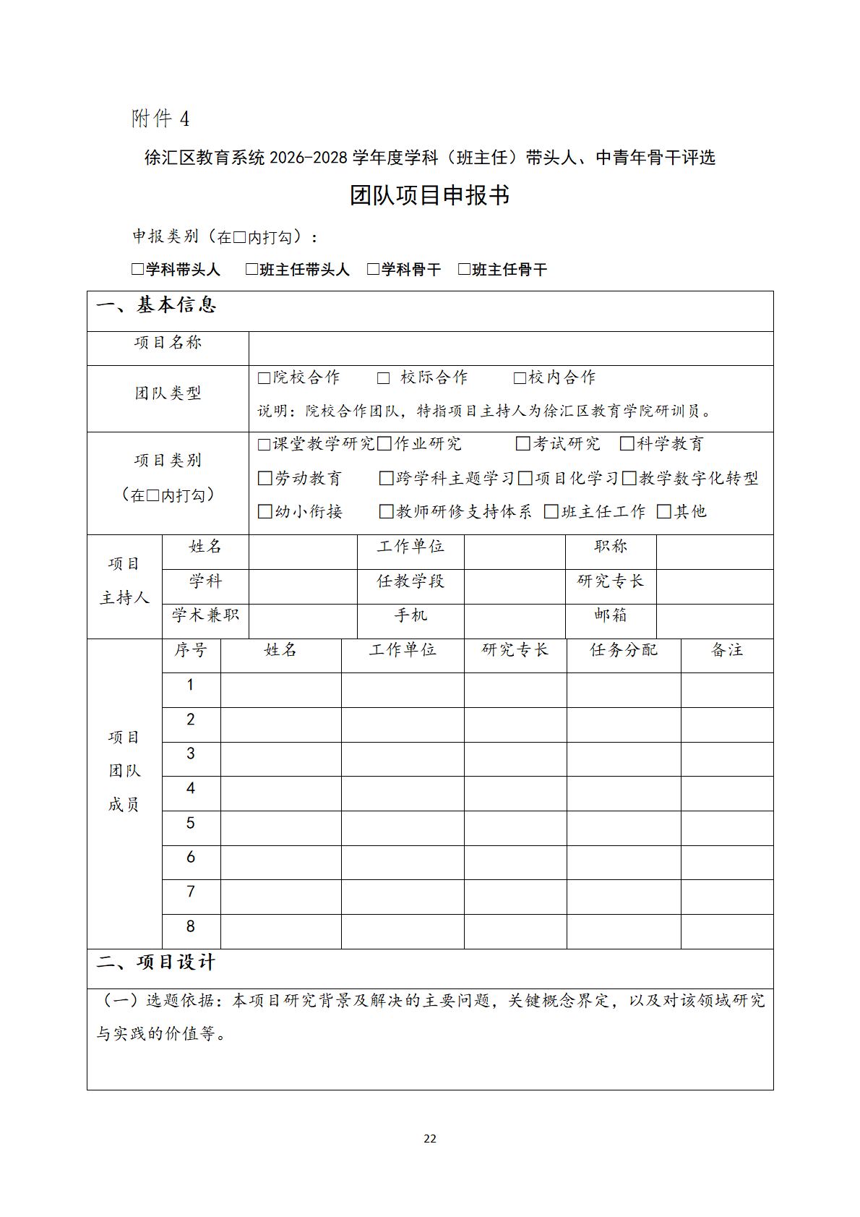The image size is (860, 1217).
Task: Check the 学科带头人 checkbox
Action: point(137,270)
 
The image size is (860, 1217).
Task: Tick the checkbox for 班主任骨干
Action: point(464,270)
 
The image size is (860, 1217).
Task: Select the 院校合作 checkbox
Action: point(265,378)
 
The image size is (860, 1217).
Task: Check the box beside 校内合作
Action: point(519,378)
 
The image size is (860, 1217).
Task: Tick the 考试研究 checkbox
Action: point(523,444)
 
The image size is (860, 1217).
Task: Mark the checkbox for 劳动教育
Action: point(265,479)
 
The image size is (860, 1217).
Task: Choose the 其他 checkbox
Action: point(663,512)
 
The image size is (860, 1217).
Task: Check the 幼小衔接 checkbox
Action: point(265,512)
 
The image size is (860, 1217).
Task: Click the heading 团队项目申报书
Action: point(429,195)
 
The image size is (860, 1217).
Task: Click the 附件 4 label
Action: point(160,119)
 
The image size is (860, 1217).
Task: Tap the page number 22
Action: point(430,1139)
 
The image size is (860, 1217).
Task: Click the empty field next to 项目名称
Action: point(510,349)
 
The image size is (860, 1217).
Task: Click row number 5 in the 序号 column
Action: point(191,824)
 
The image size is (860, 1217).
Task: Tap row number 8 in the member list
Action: point(191,927)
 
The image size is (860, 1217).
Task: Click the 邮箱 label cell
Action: point(611,615)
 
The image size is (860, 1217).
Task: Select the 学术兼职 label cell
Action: point(205,615)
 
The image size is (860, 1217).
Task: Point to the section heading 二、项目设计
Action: point(156,963)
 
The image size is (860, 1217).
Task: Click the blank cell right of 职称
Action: point(714,552)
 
